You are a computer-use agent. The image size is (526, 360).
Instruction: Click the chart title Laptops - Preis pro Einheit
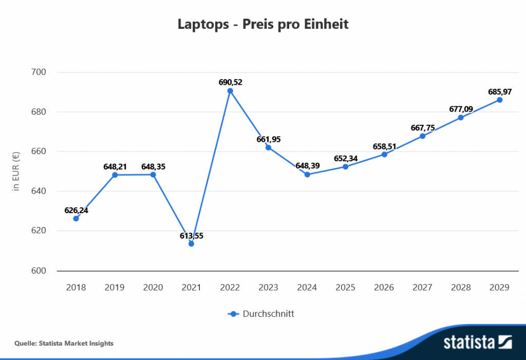click(x=263, y=25)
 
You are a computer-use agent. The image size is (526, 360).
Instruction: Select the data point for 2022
click(x=230, y=91)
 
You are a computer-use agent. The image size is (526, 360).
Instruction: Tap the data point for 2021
click(x=191, y=244)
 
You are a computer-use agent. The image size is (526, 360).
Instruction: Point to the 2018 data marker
click(x=76, y=219)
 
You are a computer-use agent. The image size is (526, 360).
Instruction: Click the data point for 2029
click(x=500, y=100)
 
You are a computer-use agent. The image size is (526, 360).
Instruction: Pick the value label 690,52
click(x=230, y=82)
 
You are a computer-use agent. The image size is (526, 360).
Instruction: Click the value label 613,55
click(x=191, y=235)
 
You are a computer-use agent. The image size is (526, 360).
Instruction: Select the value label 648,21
click(x=115, y=166)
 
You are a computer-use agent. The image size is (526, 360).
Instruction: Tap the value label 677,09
click(x=461, y=109)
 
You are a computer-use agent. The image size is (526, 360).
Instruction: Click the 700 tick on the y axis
click(x=39, y=72)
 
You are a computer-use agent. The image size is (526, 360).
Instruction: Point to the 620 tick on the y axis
click(x=39, y=231)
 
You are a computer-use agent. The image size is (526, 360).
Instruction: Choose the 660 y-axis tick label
click(x=39, y=151)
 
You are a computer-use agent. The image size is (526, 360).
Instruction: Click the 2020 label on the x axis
click(x=153, y=288)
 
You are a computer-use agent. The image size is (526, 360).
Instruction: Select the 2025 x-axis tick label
click(x=346, y=288)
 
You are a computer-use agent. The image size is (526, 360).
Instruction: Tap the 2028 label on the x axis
click(x=461, y=288)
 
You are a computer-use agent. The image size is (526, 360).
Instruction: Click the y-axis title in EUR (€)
click(x=16, y=171)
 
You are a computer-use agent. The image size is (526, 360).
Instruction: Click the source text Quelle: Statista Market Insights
click(x=64, y=343)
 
